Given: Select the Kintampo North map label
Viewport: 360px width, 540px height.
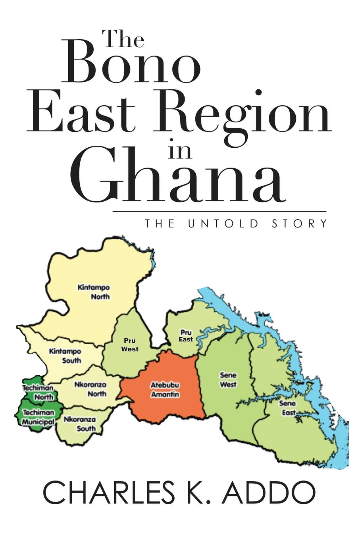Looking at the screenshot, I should [x=94, y=292].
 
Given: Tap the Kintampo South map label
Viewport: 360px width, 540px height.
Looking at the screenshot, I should [x=65, y=356].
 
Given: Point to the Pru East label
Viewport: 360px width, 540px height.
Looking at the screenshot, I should [x=186, y=336].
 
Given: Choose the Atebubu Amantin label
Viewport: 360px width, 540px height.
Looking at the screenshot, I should [x=164, y=390].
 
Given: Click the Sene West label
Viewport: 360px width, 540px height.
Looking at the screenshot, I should [x=228, y=380].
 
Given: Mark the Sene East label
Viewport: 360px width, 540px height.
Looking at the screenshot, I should [x=289, y=408].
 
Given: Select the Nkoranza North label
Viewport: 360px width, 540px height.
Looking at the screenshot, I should [x=90, y=389].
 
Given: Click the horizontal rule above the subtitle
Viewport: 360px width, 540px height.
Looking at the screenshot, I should [x=219, y=212].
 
